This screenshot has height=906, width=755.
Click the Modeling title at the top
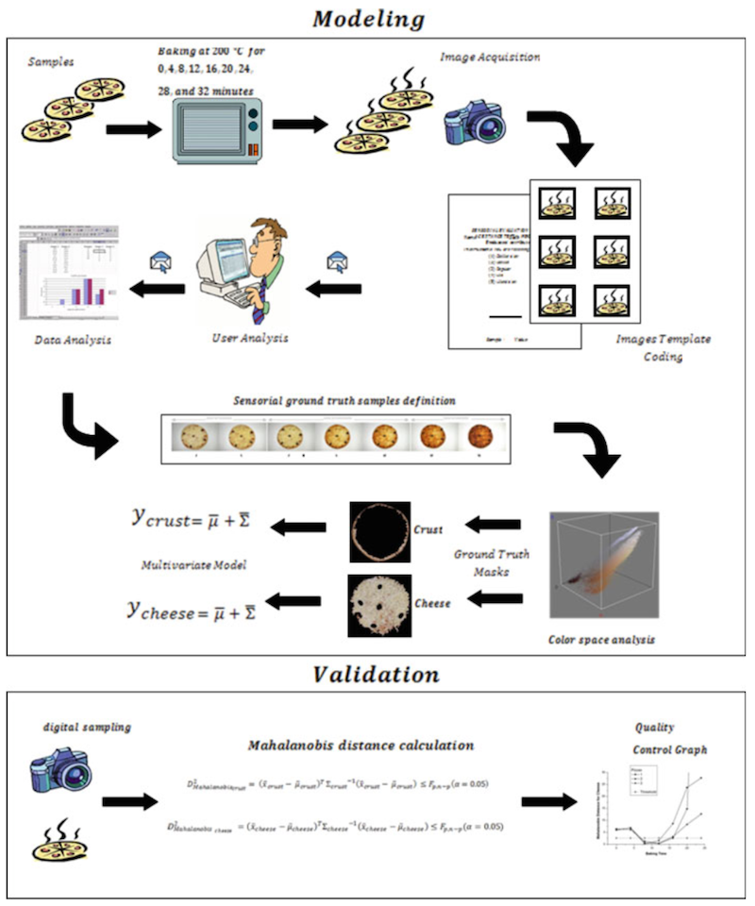(377, 18)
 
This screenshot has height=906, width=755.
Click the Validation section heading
(377, 675)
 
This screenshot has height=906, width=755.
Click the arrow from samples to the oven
(133, 127)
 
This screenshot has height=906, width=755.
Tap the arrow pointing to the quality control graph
(553, 800)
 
